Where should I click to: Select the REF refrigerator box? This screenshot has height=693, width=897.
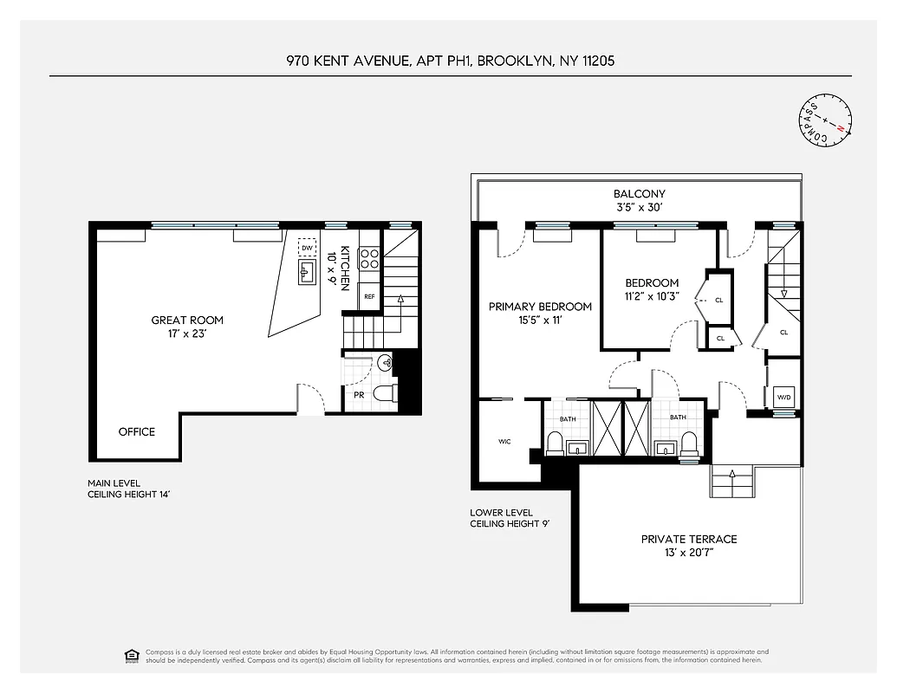pyautogui.click(x=369, y=296)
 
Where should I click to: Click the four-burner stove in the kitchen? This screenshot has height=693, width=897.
pyautogui.click(x=369, y=259)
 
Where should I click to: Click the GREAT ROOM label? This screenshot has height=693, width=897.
pyautogui.click(x=187, y=321)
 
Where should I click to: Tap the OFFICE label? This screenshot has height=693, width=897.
pyautogui.click(x=137, y=431)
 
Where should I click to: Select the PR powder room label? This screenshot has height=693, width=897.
pyautogui.click(x=359, y=395)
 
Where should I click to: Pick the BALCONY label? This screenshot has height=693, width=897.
pyautogui.click(x=640, y=194)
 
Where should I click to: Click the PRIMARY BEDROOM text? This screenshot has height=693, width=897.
pyautogui.click(x=540, y=307)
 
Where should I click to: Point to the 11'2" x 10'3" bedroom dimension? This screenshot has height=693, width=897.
pyautogui.click(x=652, y=295)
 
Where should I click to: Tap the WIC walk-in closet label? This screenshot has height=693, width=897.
pyautogui.click(x=504, y=442)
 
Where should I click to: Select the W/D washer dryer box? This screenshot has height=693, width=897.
pyautogui.click(x=784, y=398)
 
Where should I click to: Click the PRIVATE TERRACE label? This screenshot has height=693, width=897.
pyautogui.click(x=689, y=539)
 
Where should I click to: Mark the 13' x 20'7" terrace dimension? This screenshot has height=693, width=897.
pyautogui.click(x=689, y=552)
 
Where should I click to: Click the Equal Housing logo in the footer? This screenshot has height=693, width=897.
pyautogui.click(x=132, y=655)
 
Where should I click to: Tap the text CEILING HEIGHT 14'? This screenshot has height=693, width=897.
pyautogui.click(x=128, y=495)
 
